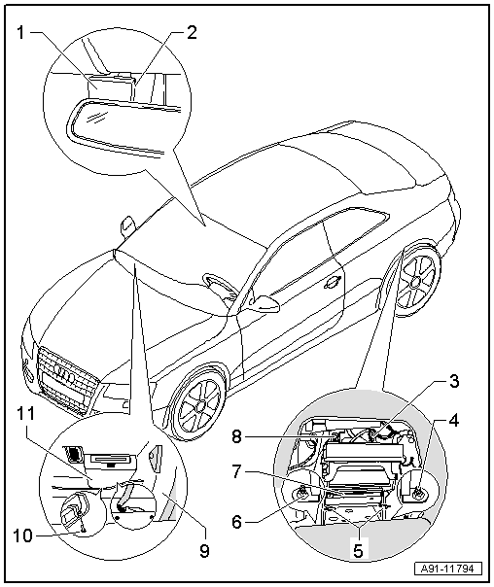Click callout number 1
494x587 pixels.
coord(21,33)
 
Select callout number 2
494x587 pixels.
coord(192,33)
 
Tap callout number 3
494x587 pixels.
coord(453,382)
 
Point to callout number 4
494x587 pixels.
coord(453,421)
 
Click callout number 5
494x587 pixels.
coord(359,551)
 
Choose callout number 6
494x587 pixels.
coord(236,522)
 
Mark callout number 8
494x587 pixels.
coord(236,437)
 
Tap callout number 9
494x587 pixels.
coord(204,551)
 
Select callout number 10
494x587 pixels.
coord(23,536)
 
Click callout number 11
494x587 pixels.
coord(25,414)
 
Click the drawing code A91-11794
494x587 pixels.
coord(447,570)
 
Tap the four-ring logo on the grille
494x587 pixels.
coord(65,374)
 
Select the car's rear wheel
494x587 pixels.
coord(416,282)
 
